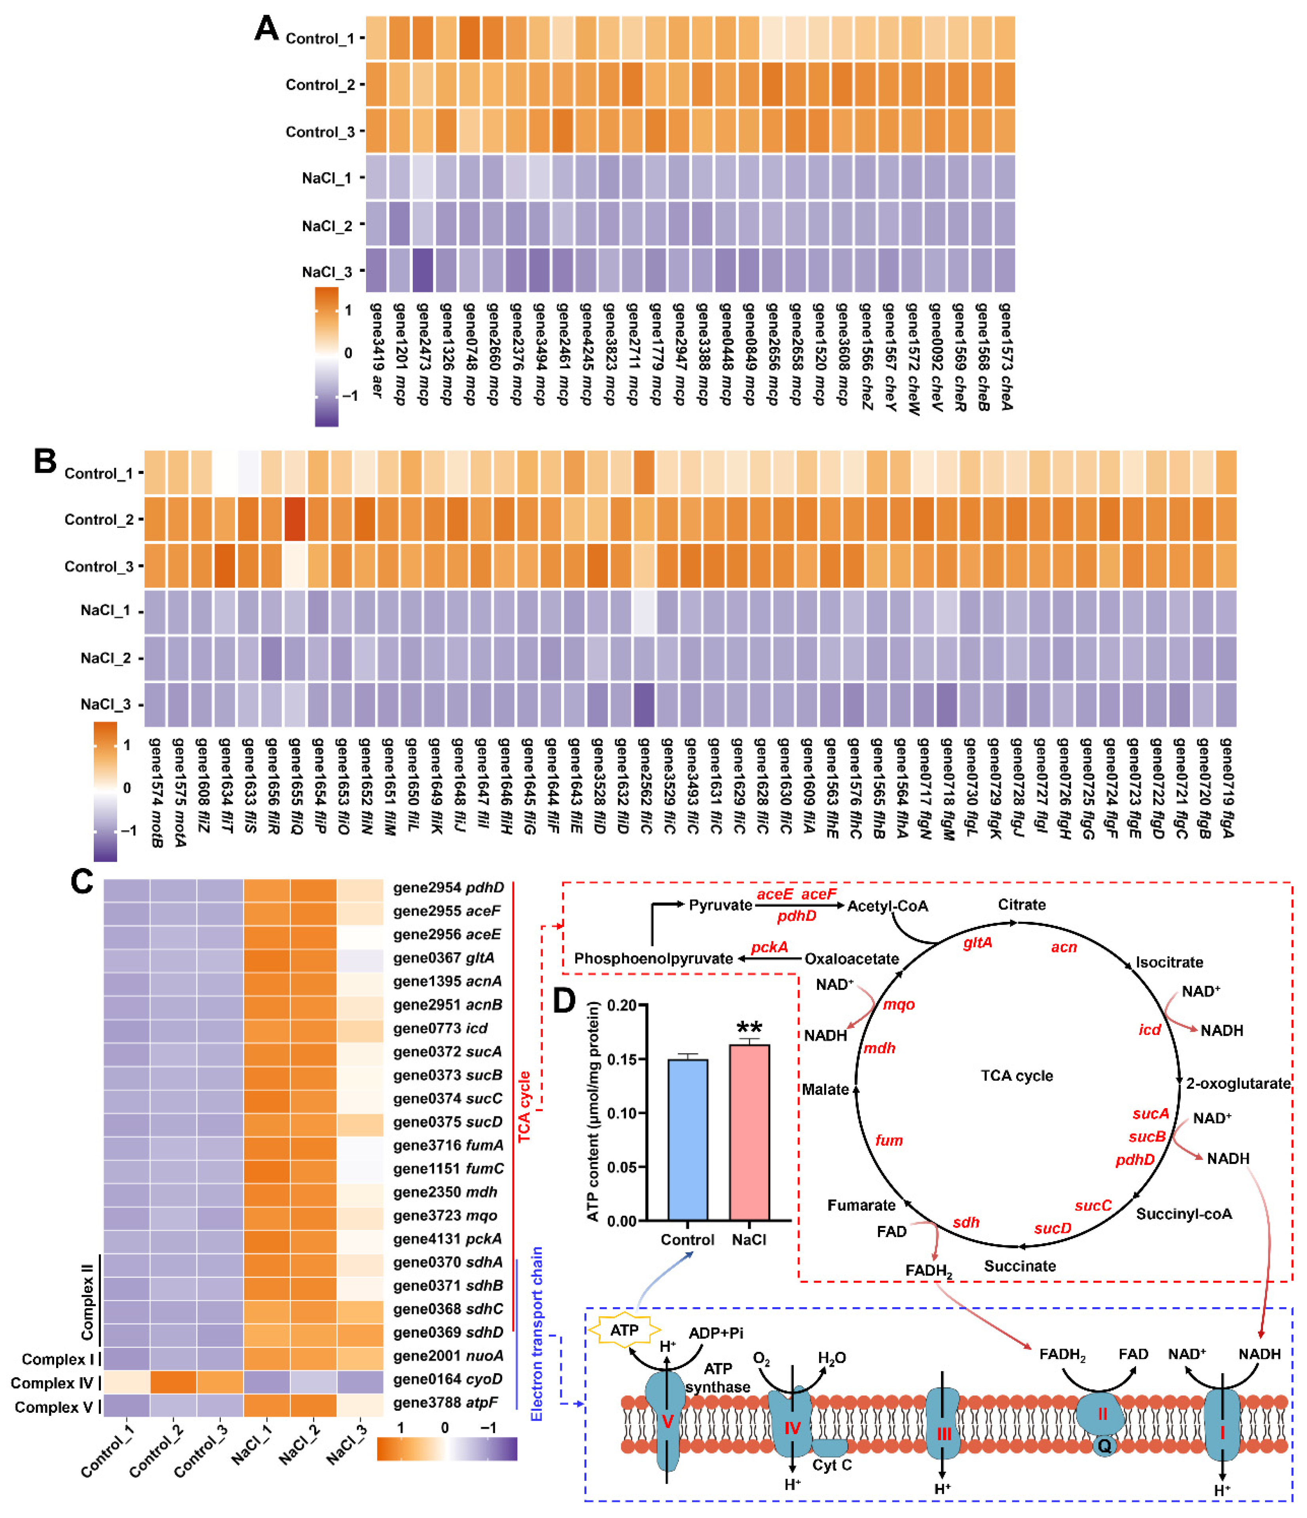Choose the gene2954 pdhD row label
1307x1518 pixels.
pos(448,888)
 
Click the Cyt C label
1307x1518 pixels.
pos(831,1465)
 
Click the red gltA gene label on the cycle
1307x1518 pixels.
pos(977,943)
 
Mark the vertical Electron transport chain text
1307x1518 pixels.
pos(537,1333)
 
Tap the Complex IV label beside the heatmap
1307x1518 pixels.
pos(51,1383)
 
